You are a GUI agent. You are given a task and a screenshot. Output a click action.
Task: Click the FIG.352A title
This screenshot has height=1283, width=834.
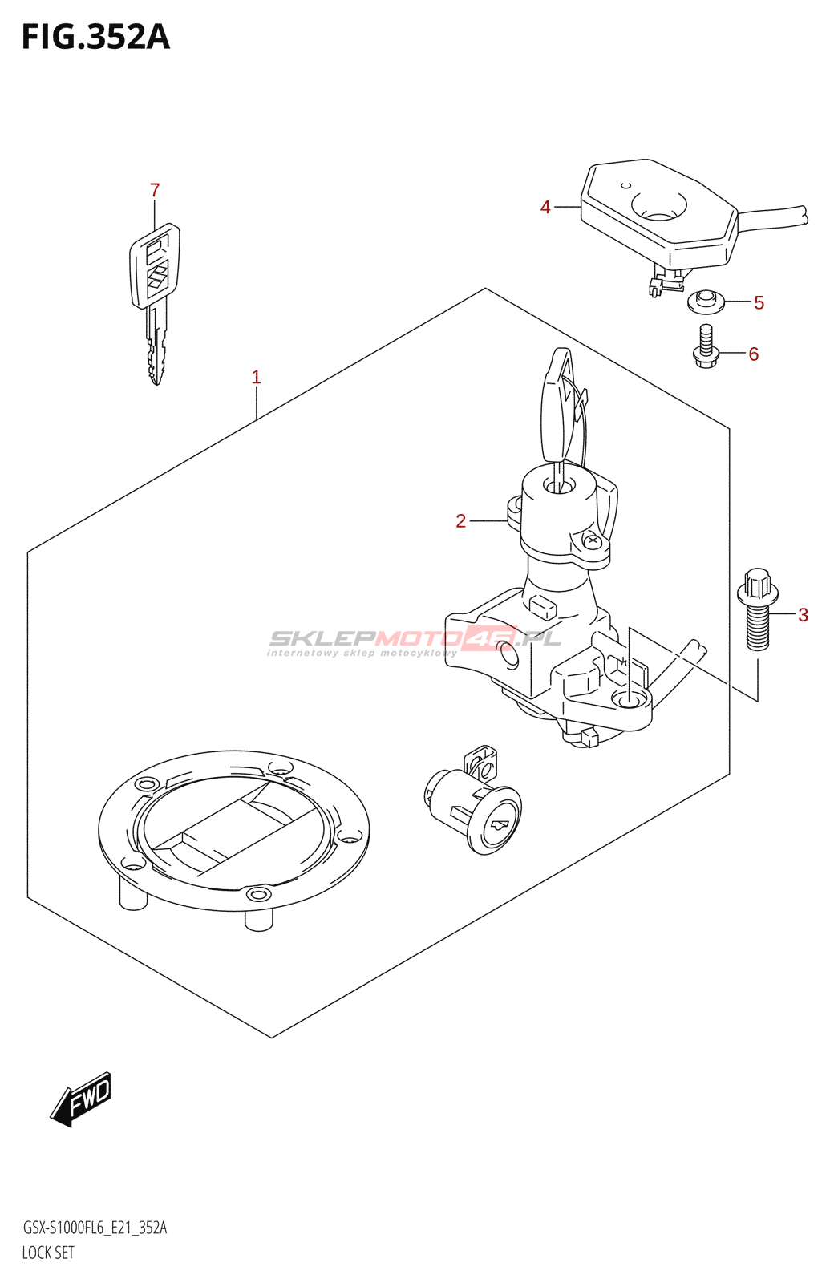95,38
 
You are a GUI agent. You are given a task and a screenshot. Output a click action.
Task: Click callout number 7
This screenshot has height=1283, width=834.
155,190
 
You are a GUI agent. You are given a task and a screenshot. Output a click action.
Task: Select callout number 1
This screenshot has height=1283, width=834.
256,377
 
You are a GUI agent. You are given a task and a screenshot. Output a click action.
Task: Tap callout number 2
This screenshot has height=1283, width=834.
460,521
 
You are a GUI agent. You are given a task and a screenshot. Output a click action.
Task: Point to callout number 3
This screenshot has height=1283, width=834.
803,615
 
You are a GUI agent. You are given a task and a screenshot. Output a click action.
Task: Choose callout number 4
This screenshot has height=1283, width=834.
545,207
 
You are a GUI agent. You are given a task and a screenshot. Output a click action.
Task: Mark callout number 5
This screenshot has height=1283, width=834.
759,303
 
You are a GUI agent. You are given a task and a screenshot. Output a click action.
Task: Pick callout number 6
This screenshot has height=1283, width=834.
753,354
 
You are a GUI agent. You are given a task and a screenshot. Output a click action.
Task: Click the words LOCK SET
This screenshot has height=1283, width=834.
48,1253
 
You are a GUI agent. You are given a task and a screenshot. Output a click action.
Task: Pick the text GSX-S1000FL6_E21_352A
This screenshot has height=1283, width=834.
95,1228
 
